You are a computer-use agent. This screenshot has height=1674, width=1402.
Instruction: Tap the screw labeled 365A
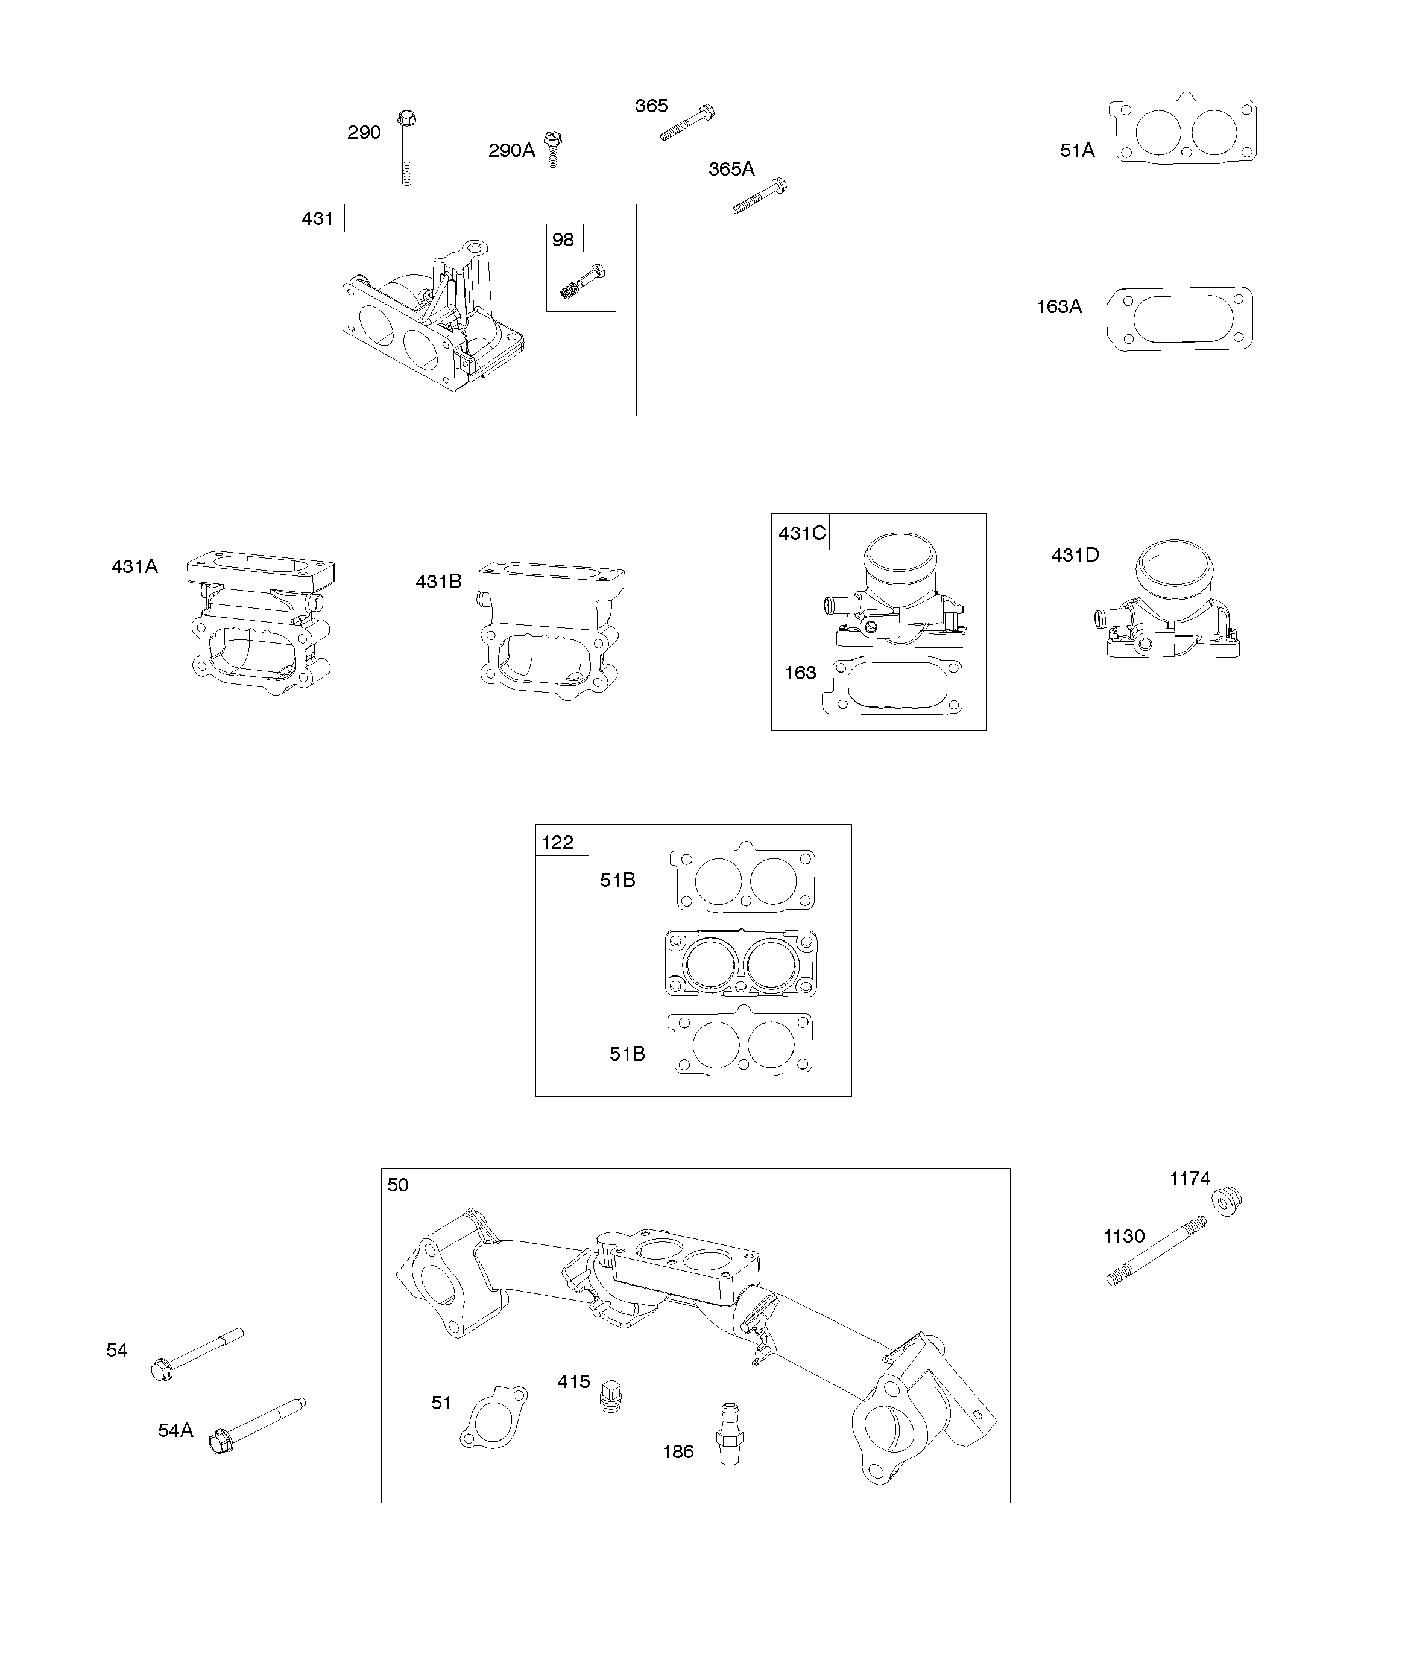tap(760, 197)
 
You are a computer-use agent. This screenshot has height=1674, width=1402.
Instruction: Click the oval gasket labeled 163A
tap(1179, 319)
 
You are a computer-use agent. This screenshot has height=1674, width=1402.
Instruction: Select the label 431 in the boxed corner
tap(318, 218)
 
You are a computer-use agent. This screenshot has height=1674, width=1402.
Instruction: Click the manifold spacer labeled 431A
tap(262, 623)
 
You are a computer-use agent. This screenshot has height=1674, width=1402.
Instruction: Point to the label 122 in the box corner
tap(558, 843)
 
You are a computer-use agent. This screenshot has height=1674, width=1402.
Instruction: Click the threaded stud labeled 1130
tap(1157, 1251)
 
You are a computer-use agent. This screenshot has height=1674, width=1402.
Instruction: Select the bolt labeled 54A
tap(257, 1426)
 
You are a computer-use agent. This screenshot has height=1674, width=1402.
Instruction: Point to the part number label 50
tap(398, 1185)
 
